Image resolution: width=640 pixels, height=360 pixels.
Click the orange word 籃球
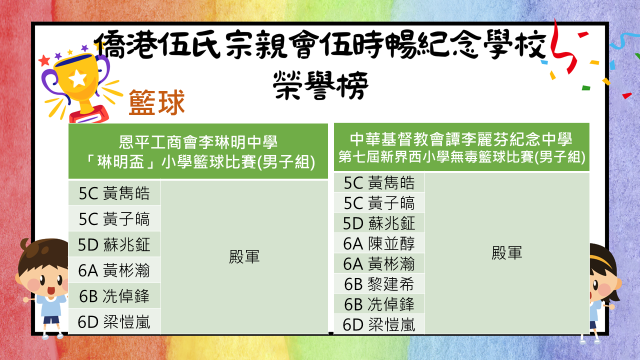pos(156,102)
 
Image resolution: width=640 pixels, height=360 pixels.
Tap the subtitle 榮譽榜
pos(320,85)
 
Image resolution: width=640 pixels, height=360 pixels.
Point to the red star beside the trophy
pos(44,60)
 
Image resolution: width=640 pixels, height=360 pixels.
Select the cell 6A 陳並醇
pos(379,243)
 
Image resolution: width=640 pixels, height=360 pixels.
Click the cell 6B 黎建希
pos(379,283)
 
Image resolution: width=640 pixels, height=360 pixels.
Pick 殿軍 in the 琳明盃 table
pos(244,256)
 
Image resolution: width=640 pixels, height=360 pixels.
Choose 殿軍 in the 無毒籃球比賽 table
pos(507,253)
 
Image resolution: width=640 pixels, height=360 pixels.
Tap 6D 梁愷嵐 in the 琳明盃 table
pos(114,321)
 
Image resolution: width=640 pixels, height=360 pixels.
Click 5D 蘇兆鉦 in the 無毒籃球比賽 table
pos(379,223)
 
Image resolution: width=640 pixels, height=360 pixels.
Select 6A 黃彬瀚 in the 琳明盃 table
pos(114,270)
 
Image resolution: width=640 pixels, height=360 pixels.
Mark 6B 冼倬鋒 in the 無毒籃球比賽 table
pos(379,304)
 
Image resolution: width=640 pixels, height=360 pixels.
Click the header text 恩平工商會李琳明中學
pos(198,142)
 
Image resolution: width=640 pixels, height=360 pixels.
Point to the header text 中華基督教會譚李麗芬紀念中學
pos(461,139)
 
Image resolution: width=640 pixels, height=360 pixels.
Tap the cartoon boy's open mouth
pos(51,290)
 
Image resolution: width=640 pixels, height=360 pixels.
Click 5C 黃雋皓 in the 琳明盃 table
pos(114,193)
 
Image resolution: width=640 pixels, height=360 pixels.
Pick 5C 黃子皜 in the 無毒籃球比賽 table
pos(379,203)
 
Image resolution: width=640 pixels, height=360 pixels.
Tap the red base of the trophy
pos(89,115)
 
